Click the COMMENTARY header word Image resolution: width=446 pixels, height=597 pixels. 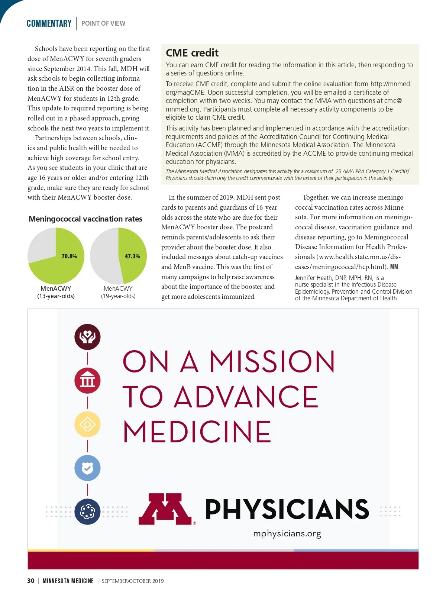(49, 23)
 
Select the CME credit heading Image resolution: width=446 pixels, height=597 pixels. (192, 53)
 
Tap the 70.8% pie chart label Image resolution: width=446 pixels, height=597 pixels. (69, 256)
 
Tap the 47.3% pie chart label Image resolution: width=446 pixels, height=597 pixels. (132, 256)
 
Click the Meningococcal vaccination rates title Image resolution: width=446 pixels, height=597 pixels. (85, 219)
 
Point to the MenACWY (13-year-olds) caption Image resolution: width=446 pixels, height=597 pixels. (56, 292)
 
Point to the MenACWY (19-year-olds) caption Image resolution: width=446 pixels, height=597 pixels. (118, 292)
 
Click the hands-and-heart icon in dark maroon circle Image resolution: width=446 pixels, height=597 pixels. (87, 337)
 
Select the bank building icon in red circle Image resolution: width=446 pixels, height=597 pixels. (87, 380)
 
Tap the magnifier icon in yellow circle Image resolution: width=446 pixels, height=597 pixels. (87, 424)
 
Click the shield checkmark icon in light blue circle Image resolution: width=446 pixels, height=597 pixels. (87, 468)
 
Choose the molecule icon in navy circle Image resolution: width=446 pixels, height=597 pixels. (87, 512)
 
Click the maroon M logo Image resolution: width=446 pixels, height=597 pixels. (165, 509)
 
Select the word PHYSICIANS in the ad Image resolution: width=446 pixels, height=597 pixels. (287, 509)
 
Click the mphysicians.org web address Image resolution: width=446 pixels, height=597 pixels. (287, 533)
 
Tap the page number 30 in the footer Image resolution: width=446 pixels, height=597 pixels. (31, 581)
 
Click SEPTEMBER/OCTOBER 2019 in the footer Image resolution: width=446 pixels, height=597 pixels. (133, 581)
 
